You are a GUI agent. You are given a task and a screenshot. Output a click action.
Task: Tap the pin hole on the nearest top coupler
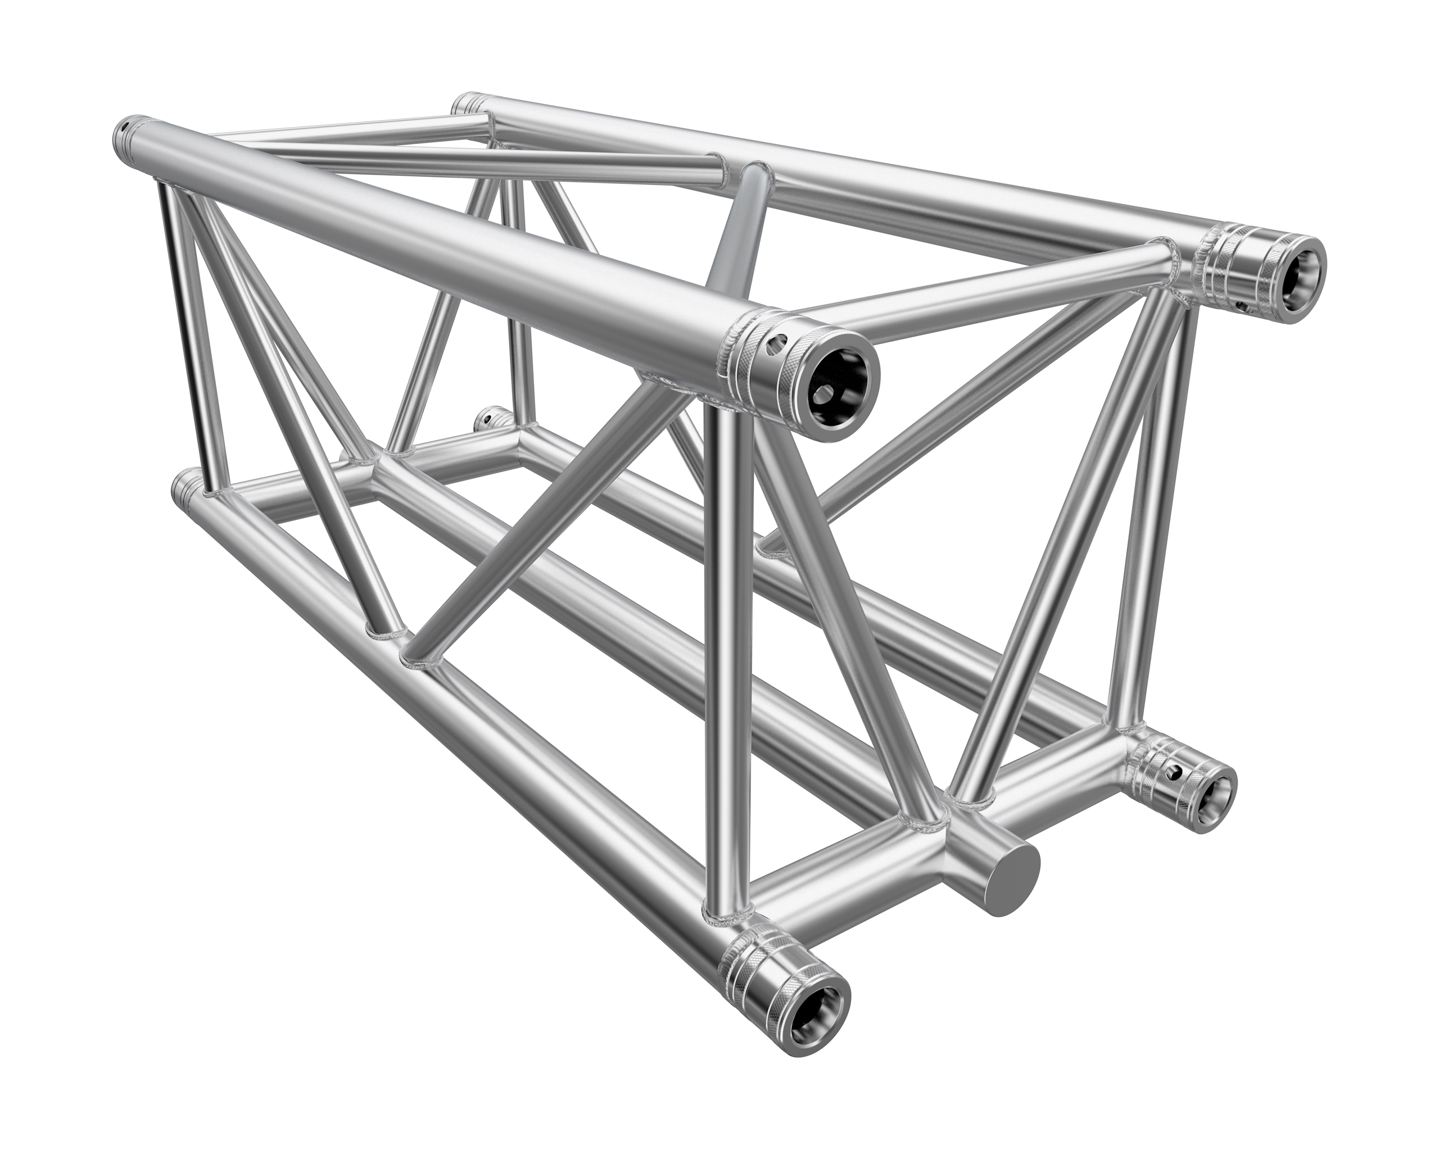(776, 345)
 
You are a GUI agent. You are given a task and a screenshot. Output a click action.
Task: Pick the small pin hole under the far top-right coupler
(1241, 306)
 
